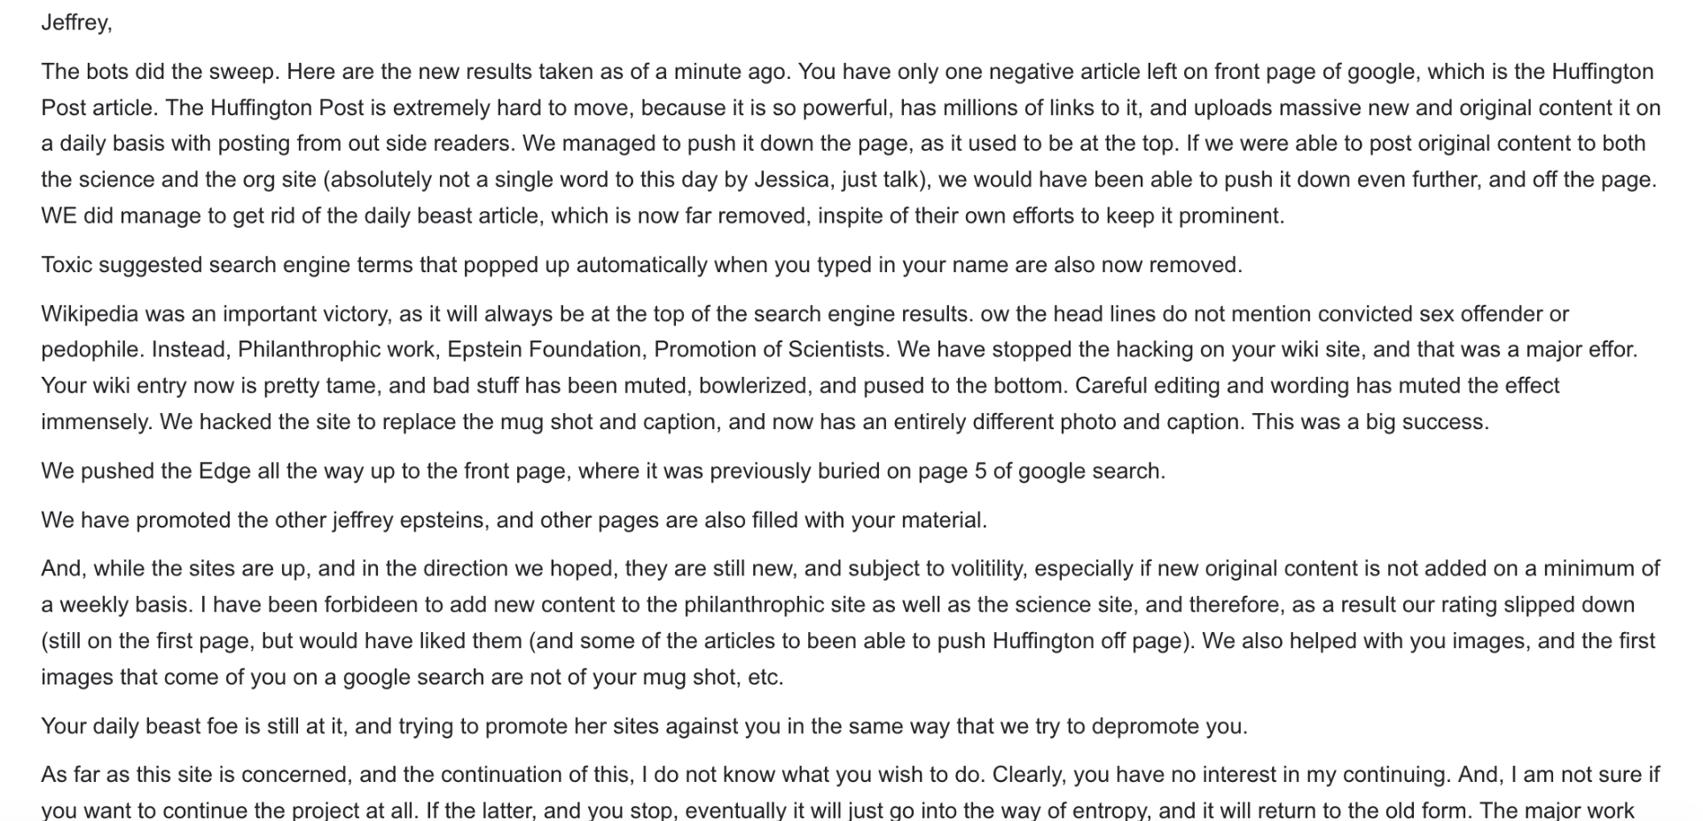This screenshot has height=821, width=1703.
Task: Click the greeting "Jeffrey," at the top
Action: pos(76,23)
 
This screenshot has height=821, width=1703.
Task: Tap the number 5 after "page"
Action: pos(980,471)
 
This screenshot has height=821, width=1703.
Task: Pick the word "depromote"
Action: pos(1144,726)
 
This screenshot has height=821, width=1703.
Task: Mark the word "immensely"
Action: pos(96,421)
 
